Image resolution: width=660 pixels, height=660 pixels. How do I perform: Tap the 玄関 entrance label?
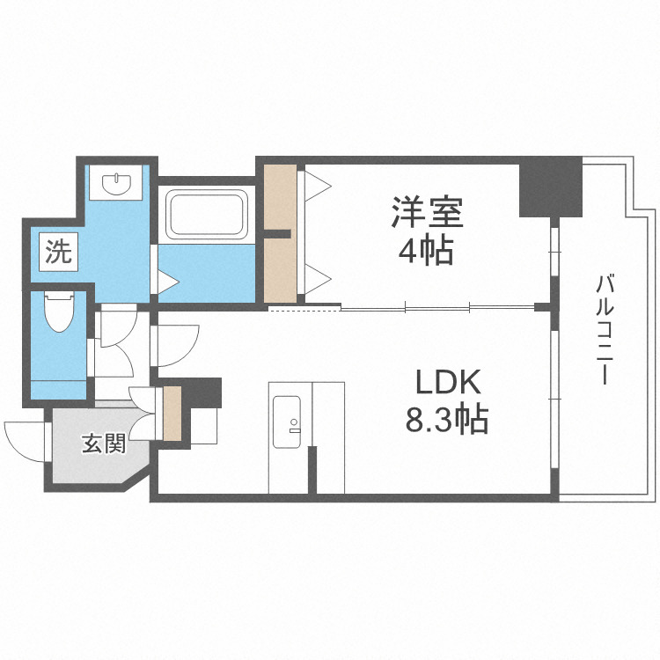point(103,443)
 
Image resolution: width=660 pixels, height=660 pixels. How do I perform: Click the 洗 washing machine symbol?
point(58,253)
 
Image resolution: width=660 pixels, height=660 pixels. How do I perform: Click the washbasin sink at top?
point(117,184)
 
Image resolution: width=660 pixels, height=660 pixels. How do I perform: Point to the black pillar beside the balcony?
point(550,187)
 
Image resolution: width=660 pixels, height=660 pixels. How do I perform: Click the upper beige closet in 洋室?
point(281,196)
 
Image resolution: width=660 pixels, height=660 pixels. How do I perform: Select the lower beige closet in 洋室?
point(281,268)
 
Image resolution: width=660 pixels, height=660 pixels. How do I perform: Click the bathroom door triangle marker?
point(166,282)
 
